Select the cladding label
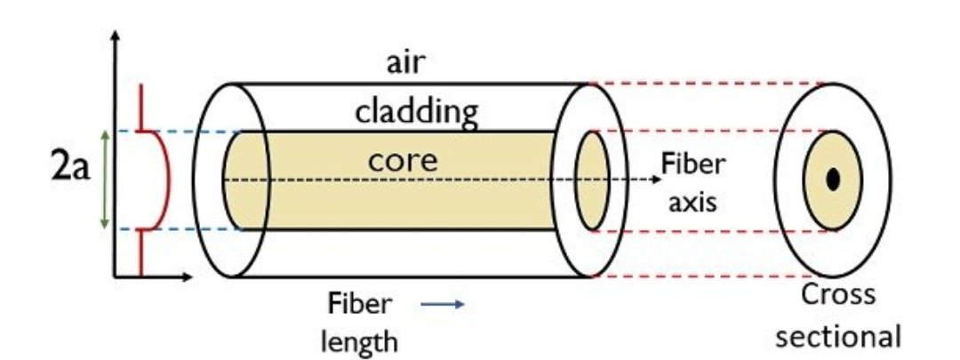pyautogui.click(x=417, y=112)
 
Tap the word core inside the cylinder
pyautogui.click(x=404, y=162)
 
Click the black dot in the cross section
pyautogui.click(x=832, y=180)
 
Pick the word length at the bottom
pyautogui.click(x=360, y=340)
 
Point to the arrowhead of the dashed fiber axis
pyautogui.click(x=645, y=180)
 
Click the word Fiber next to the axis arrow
pyautogui.click(x=692, y=164)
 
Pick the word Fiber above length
pyautogui.click(x=359, y=304)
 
